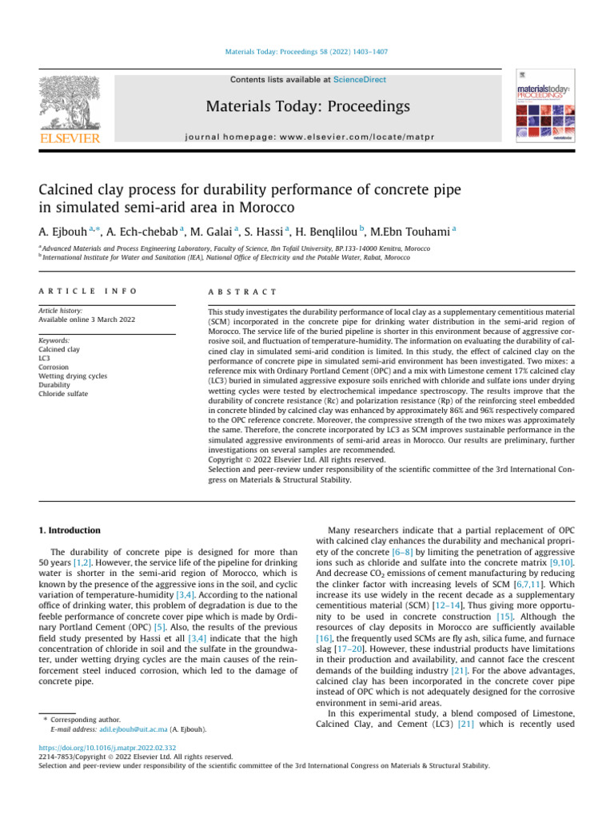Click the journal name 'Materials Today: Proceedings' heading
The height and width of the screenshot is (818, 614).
(x=307, y=106)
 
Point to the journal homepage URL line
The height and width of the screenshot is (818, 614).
(x=307, y=137)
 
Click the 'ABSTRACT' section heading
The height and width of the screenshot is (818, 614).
(x=242, y=292)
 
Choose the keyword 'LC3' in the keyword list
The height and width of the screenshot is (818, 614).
(x=46, y=359)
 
